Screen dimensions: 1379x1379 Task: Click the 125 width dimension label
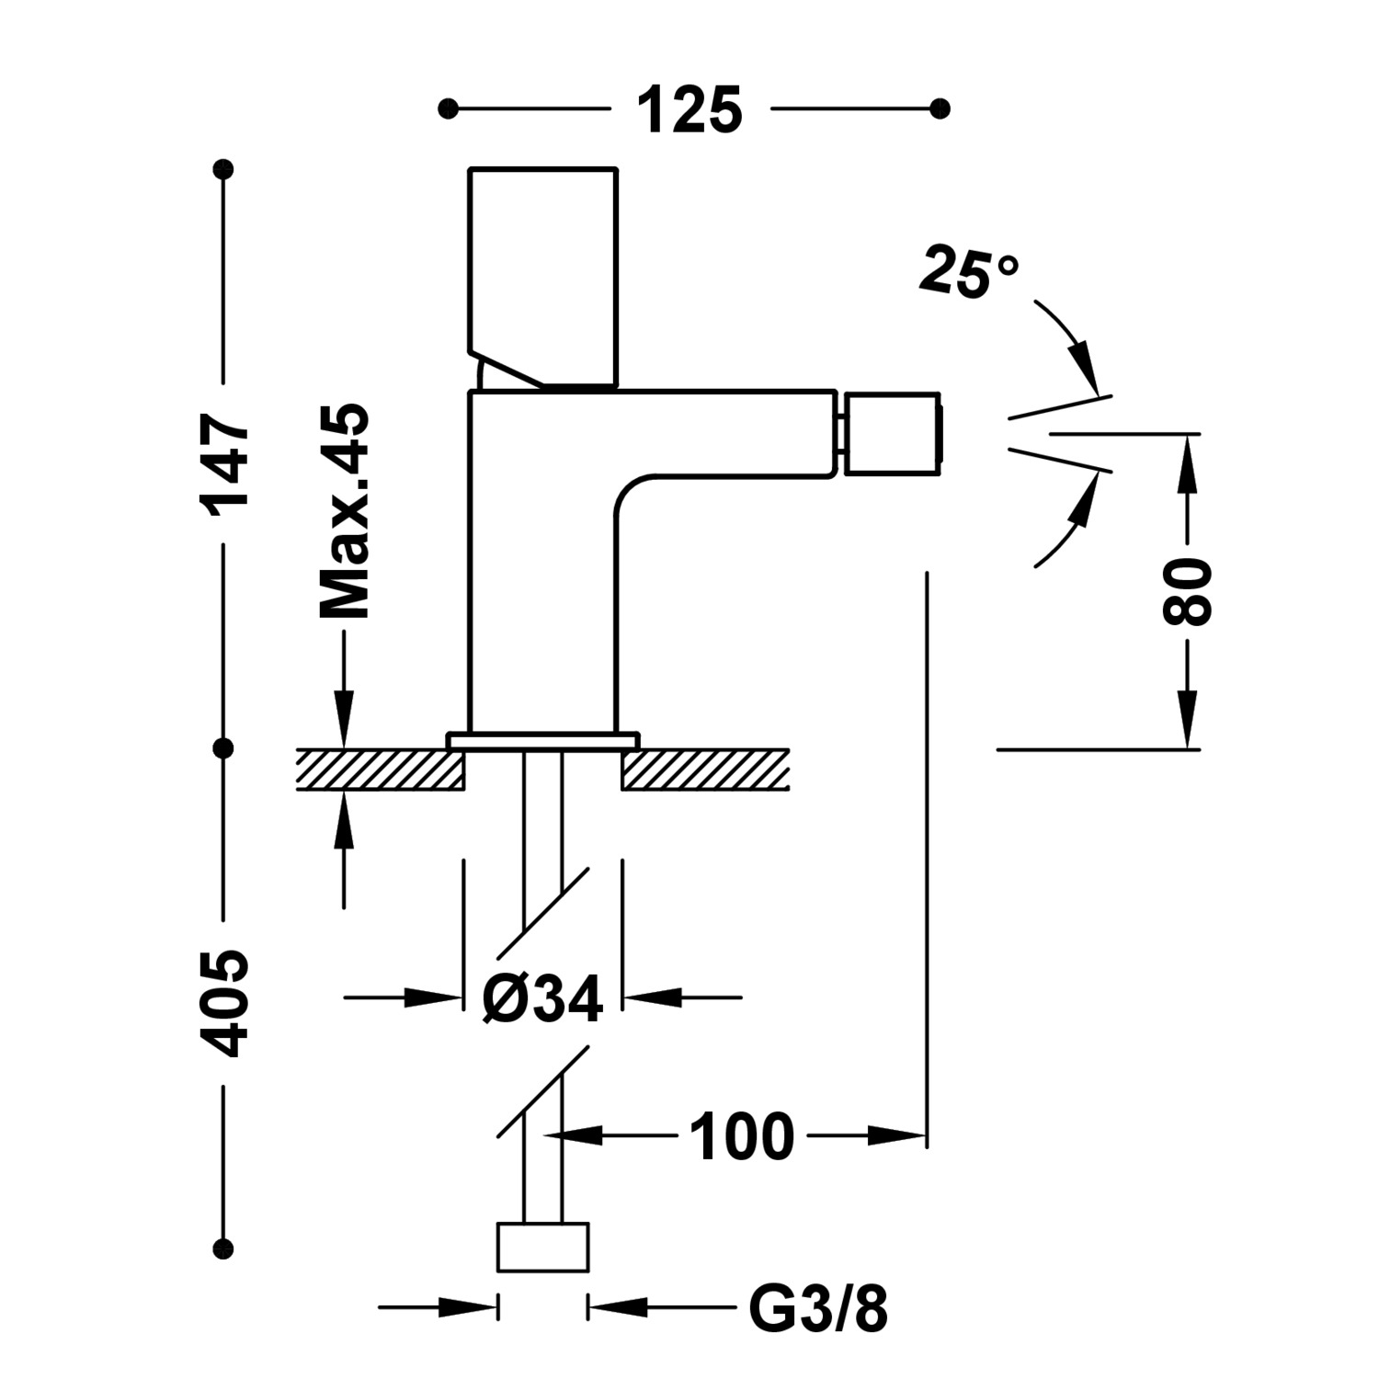tap(689, 110)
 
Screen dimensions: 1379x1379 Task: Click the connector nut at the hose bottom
tap(542, 1248)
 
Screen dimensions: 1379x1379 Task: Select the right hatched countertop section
tap(705, 769)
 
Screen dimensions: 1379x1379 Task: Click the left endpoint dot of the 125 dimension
tap(448, 109)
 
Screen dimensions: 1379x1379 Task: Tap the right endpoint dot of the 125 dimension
tap(940, 109)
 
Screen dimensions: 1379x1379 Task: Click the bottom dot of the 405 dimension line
tap(222, 1248)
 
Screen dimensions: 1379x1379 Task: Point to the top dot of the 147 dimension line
tap(222, 170)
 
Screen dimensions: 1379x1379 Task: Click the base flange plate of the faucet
tap(542, 741)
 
